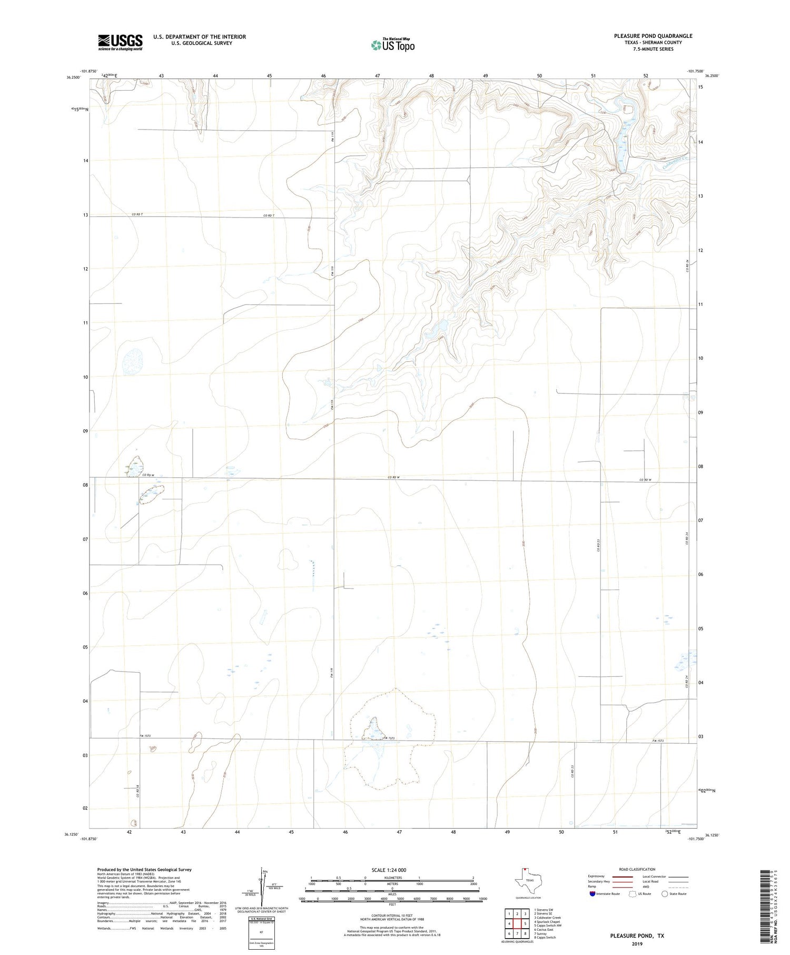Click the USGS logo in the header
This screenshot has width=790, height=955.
click(x=120, y=42)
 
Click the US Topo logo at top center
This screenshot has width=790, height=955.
click(x=393, y=45)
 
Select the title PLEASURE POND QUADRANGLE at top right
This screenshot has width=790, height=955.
click(x=653, y=36)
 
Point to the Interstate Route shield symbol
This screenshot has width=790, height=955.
click(x=592, y=893)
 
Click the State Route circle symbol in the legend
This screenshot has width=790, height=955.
click(x=665, y=893)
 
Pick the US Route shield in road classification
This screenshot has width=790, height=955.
click(x=633, y=893)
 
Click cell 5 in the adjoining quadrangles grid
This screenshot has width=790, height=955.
click(x=525, y=923)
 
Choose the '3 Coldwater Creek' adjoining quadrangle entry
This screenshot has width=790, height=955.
click(x=547, y=918)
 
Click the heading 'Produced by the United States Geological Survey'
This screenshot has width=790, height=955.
click(x=144, y=870)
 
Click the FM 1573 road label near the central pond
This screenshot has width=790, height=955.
click(x=389, y=738)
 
